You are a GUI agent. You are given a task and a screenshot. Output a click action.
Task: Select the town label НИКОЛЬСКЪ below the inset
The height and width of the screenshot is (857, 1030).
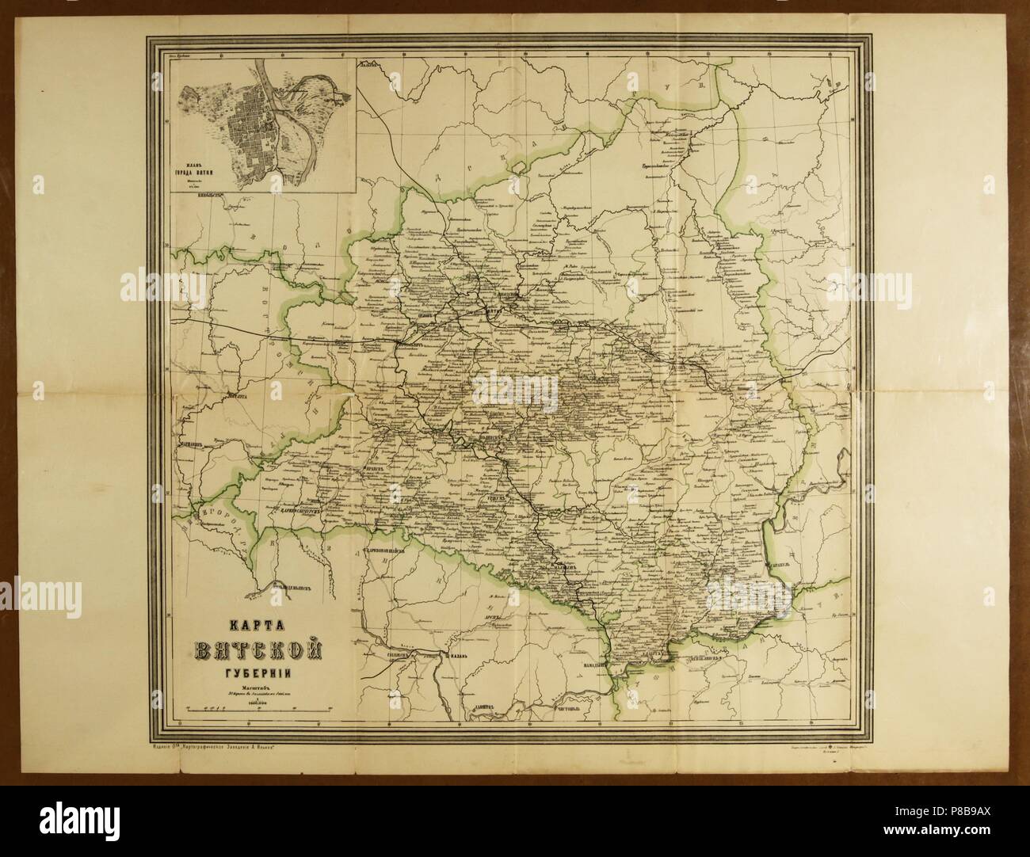pos(214,190)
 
